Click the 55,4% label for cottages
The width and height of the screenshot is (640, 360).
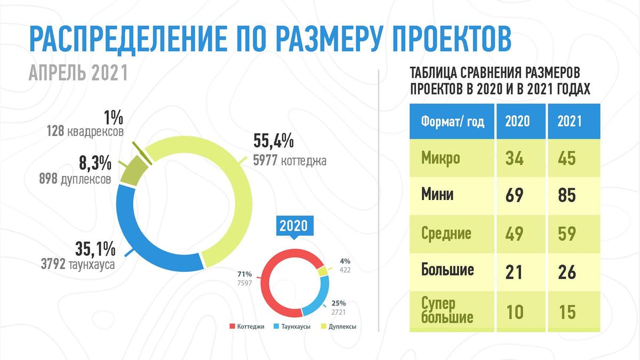[274, 141]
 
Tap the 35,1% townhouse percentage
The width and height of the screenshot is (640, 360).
[95, 249]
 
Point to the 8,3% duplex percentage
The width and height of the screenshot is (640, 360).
[95, 163]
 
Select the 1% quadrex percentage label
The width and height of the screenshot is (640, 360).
[114, 118]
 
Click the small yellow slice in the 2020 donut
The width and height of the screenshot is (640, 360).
[323, 271]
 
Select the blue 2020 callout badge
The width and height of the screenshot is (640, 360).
[294, 226]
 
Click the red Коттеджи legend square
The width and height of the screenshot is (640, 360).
[233, 326]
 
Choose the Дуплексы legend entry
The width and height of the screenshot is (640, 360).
[339, 326]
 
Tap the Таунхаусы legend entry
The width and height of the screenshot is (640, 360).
[292, 326]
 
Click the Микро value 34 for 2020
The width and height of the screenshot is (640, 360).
[514, 158]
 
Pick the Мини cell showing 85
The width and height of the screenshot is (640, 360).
[567, 195]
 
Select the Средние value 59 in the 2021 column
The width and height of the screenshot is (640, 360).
[567, 234]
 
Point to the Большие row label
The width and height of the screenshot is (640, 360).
[447, 269]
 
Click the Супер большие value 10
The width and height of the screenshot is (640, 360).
[515, 311]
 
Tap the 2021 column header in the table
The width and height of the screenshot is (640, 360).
[570, 121]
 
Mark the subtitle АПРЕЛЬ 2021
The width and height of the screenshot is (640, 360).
[78, 73]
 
